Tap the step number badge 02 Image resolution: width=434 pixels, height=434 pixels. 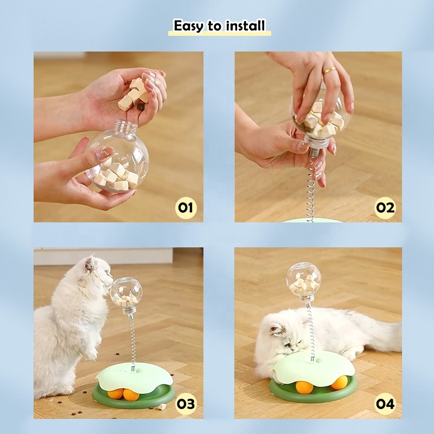tap(385, 207)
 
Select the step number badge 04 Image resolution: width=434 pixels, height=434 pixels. tap(385, 404)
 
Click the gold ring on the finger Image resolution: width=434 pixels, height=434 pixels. tap(329, 71)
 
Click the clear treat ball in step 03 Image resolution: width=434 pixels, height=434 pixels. tap(124, 293)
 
